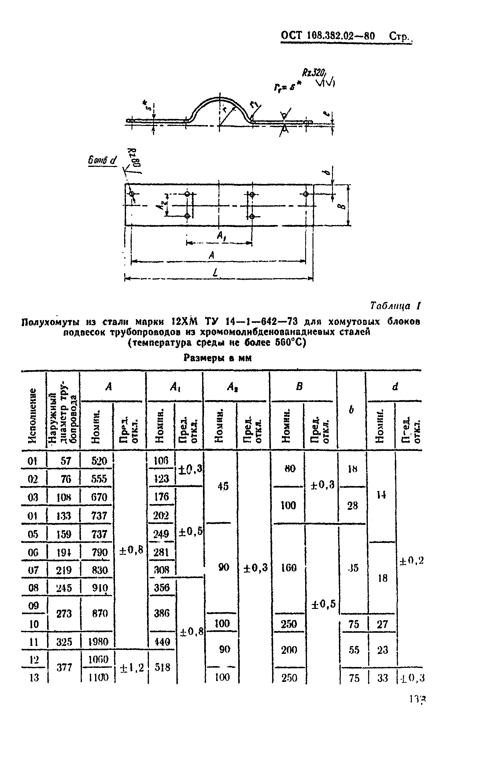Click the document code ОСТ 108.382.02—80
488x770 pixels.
point(327,35)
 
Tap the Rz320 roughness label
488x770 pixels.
point(314,73)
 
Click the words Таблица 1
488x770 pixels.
point(395,306)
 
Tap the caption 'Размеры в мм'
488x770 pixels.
point(217,358)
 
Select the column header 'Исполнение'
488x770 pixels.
point(32,415)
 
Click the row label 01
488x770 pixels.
point(33,461)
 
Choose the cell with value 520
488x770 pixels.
point(99,461)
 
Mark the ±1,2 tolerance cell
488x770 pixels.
point(131,668)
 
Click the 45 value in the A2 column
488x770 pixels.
point(223,486)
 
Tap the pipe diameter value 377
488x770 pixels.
point(64,667)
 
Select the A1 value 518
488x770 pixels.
point(162,667)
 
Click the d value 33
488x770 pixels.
point(383,678)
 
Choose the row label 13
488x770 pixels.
point(34,678)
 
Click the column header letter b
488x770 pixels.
point(351,410)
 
